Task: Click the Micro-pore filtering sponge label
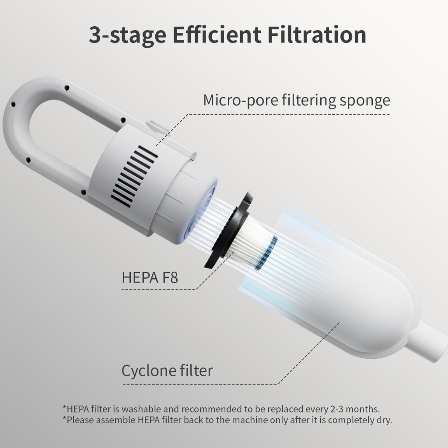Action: (296, 100)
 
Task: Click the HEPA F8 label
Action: (150, 277)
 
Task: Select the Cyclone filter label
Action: (167, 371)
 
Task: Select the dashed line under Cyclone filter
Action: (201, 384)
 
